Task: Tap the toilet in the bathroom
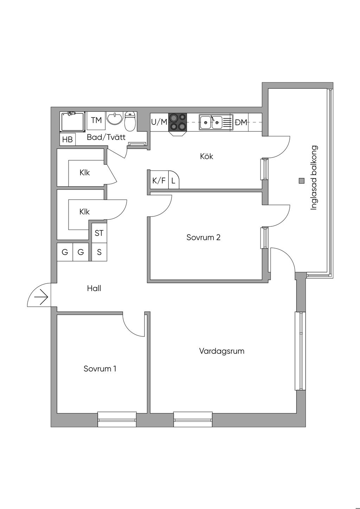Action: tap(130, 121)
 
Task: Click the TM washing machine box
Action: tap(96, 121)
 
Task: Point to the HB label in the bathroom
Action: tap(67, 140)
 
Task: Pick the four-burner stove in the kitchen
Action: tap(178, 122)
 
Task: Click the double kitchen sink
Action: tap(211, 123)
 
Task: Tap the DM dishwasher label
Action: tap(241, 123)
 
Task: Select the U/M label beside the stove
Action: tap(159, 122)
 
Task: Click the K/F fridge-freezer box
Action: tap(159, 181)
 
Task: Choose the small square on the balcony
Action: tap(301, 181)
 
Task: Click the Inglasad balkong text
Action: tap(314, 178)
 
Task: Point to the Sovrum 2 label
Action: tap(204, 237)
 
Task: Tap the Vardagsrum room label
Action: tap(221, 351)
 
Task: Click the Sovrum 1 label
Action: tap(100, 368)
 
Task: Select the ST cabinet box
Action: tap(99, 233)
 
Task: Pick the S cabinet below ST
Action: tap(99, 252)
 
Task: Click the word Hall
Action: tap(94, 288)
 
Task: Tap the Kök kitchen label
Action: tap(207, 156)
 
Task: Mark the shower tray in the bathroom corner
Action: tap(73, 122)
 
